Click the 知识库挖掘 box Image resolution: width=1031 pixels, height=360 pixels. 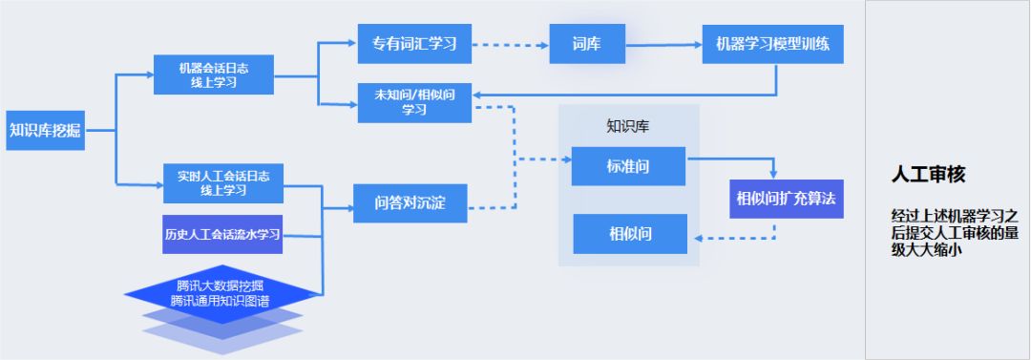[x=45, y=131]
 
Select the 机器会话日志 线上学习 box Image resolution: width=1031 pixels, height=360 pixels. [x=213, y=74]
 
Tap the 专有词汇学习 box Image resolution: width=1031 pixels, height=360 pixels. [x=414, y=44]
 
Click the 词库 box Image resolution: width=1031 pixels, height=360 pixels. [x=586, y=44]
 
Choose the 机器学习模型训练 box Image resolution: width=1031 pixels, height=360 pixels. [x=772, y=44]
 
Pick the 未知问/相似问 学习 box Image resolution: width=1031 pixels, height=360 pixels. [x=414, y=102]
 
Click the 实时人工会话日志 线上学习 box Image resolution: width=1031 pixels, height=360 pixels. [x=223, y=182]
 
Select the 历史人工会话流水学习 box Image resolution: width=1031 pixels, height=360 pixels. [x=223, y=235]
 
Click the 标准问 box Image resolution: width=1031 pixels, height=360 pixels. [x=628, y=166]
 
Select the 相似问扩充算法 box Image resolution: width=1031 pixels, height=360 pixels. [x=786, y=199]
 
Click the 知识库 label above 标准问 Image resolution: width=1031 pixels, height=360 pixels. [x=627, y=126]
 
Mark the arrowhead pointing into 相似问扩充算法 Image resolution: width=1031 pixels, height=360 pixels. [x=774, y=173]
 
